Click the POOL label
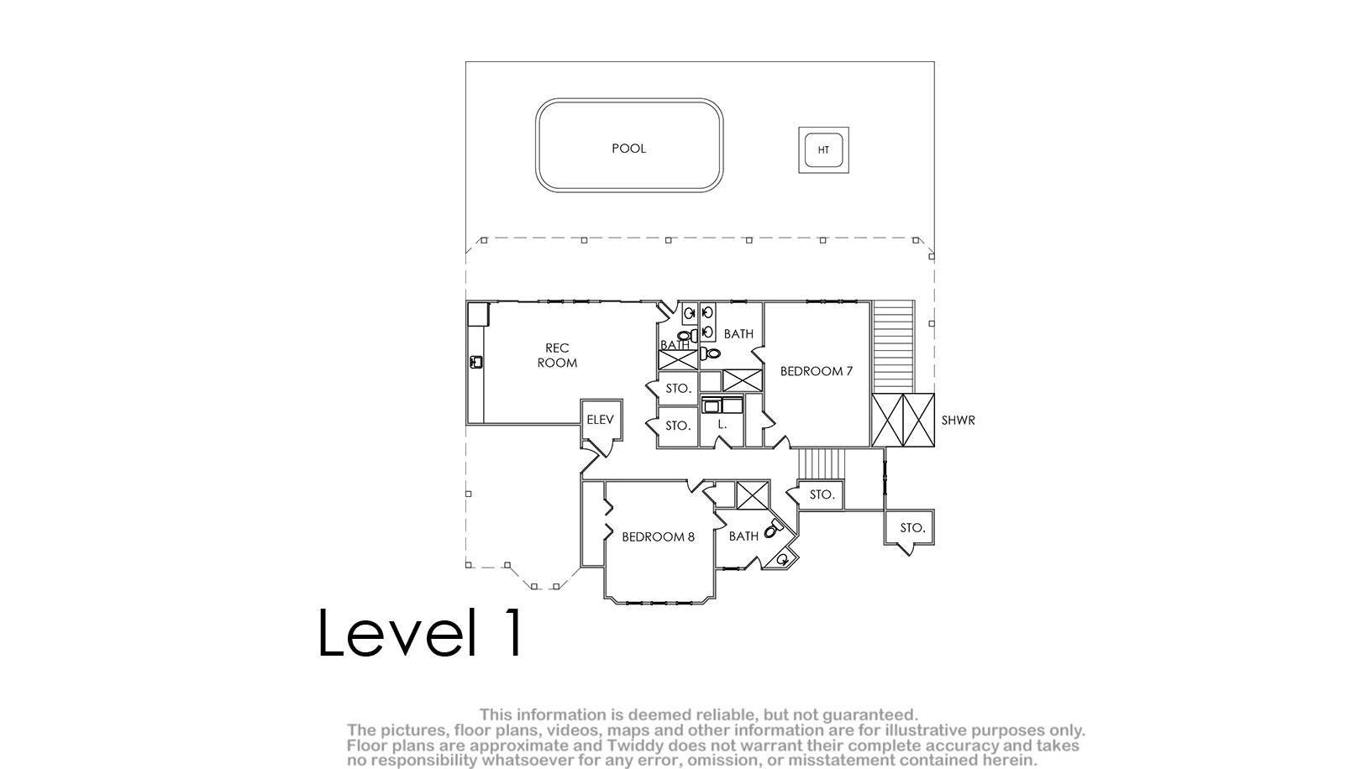pyautogui.click(x=628, y=148)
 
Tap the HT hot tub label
pyautogui.click(x=823, y=150)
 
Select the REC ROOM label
pyautogui.click(x=557, y=355)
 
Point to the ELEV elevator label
pyautogui.click(x=600, y=420)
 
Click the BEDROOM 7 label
pyautogui.click(x=817, y=371)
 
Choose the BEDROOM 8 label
pyautogui.click(x=658, y=536)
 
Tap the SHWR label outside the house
pyautogui.click(x=958, y=421)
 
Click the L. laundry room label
pyautogui.click(x=722, y=424)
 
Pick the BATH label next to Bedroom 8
pyautogui.click(x=743, y=536)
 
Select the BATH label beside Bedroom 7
pyautogui.click(x=738, y=333)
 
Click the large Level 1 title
pyautogui.click(x=421, y=632)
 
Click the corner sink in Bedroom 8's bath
pyautogui.click(x=783, y=558)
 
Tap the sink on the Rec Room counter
pyautogui.click(x=476, y=362)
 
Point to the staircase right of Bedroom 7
pyautogui.click(x=893, y=346)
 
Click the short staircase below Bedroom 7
pyautogui.click(x=822, y=463)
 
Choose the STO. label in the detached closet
pyautogui.click(x=912, y=527)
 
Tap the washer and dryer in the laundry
pyautogui.click(x=722, y=405)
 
